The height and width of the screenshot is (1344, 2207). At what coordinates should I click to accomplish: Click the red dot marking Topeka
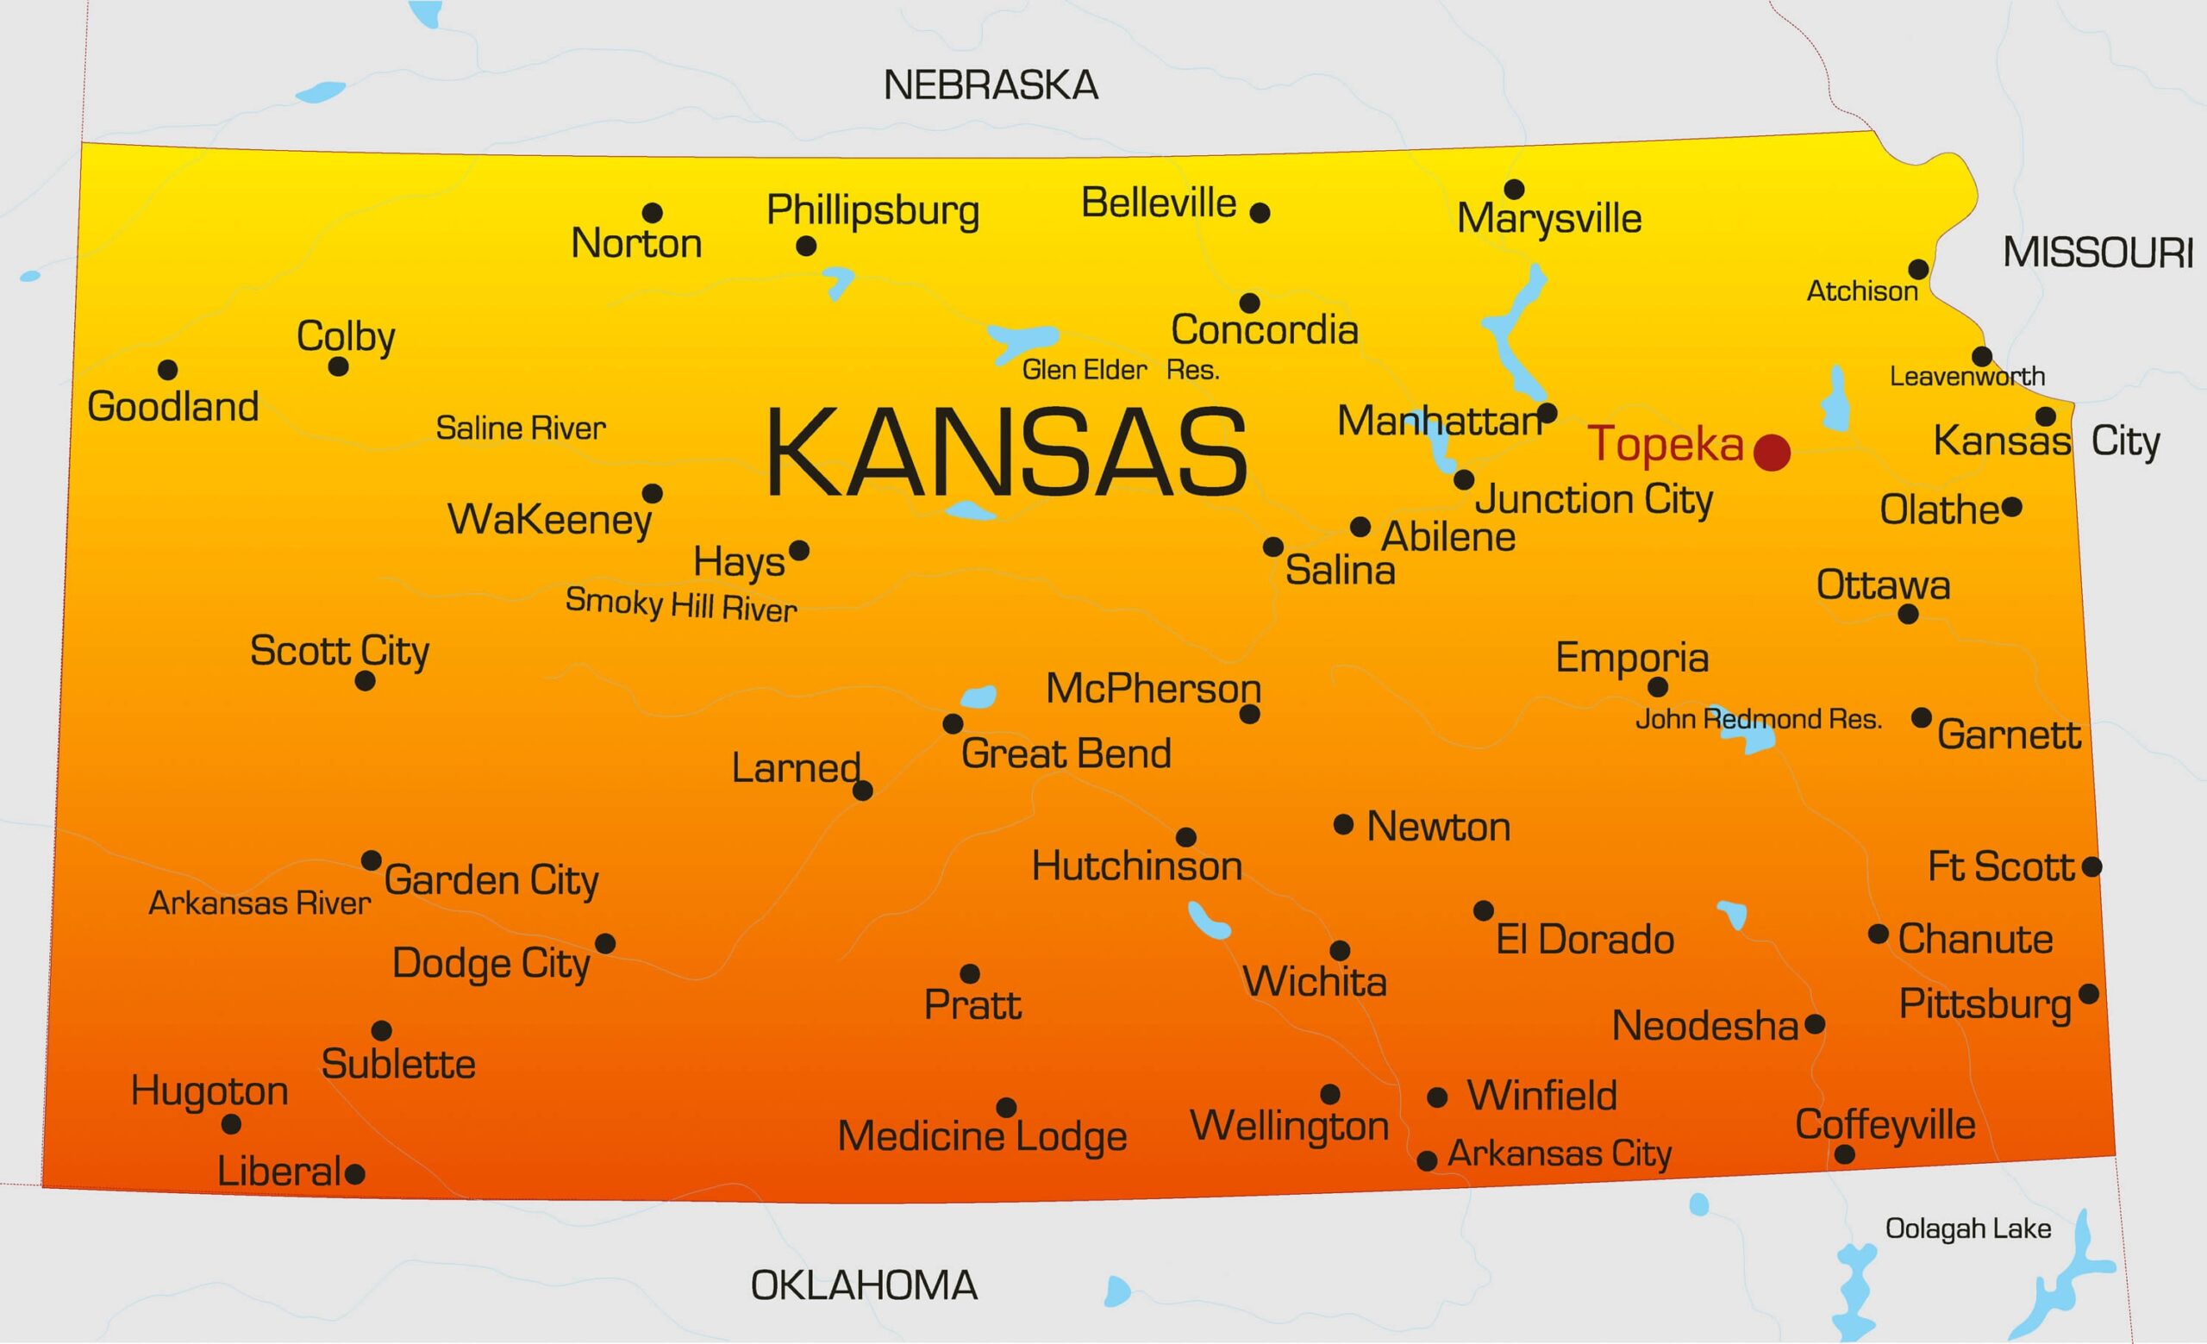pos(1771,453)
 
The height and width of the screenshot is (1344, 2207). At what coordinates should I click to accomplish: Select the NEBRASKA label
pos(991,86)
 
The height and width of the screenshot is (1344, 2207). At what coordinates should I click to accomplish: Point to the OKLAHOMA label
pos(864,1285)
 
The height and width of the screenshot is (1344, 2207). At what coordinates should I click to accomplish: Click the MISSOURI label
pos(2098,253)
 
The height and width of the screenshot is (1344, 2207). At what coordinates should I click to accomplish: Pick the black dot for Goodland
pos(167,370)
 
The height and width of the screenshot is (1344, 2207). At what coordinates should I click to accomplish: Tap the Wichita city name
pos(1314,982)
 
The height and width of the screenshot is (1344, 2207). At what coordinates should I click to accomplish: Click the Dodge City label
pos(491,965)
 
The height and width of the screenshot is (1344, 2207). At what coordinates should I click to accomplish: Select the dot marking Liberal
pos(354,1174)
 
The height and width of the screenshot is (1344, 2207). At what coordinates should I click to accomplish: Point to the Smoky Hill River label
pos(681,605)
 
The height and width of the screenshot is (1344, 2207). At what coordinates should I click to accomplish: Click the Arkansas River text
pos(259,903)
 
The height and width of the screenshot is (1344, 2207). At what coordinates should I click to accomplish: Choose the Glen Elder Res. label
pos(1121,370)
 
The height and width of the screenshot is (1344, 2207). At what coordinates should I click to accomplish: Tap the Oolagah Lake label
pos(1968,1228)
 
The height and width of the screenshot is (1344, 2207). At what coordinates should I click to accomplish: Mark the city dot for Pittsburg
pos(2089,994)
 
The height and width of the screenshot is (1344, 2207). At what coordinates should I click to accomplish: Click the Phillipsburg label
pos(872,211)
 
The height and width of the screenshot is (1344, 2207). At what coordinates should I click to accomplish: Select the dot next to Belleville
pos(1260,213)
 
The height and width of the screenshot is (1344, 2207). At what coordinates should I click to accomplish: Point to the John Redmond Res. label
pos(1758,719)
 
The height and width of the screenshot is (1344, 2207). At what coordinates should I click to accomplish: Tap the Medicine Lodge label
pos(982,1136)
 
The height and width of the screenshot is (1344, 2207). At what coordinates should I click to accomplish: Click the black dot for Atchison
pos(1918,270)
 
